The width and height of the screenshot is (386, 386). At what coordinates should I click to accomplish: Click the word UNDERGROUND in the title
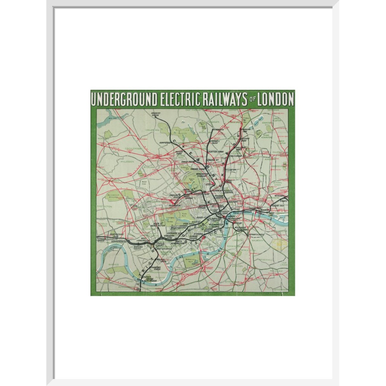coord(124,100)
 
